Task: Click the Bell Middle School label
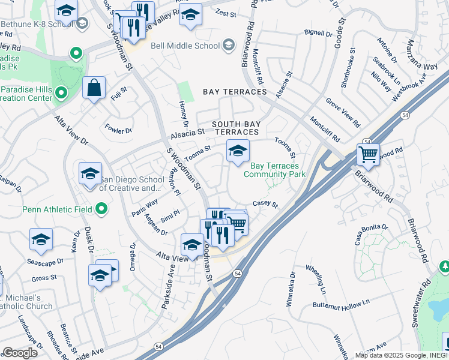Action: (184, 46)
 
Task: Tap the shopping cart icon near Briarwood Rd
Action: (368, 154)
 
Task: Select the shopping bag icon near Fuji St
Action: (94, 88)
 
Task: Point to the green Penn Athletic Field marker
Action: (101, 209)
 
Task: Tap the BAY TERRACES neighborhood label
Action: (234, 92)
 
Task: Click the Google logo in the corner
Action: (19, 353)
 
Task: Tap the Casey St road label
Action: (265, 205)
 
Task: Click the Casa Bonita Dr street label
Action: (372, 235)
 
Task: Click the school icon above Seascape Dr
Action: (41, 239)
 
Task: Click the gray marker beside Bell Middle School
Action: (228, 45)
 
